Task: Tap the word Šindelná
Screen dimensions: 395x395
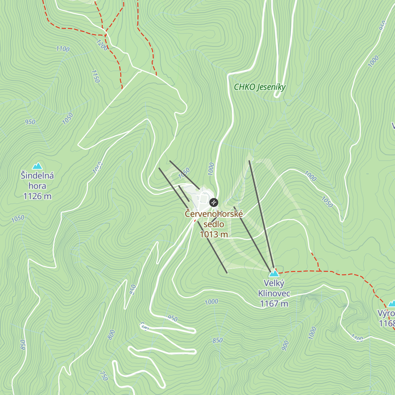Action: (x=37, y=175)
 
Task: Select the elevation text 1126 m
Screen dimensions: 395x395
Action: (x=37, y=197)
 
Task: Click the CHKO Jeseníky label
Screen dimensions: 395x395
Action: (x=259, y=87)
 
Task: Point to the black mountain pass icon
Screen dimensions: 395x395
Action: (x=214, y=202)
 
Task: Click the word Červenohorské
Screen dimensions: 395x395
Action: (x=214, y=214)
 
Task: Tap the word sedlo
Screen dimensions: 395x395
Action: (x=214, y=224)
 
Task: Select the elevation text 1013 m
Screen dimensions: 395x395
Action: (x=214, y=234)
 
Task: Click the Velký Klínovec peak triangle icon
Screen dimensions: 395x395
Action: (x=274, y=273)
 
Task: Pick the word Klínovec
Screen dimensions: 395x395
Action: (x=274, y=293)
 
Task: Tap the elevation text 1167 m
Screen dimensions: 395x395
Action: (x=274, y=303)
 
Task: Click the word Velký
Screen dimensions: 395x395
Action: (x=274, y=283)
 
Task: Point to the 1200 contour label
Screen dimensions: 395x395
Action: (x=102, y=45)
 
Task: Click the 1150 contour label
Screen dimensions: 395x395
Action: (x=95, y=76)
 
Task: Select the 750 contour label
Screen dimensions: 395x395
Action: (x=103, y=376)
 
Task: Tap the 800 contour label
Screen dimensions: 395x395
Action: (x=112, y=334)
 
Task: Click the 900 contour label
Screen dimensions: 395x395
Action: (x=285, y=345)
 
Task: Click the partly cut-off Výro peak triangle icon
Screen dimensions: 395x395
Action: (x=391, y=303)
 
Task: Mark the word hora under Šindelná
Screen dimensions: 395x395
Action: (x=37, y=186)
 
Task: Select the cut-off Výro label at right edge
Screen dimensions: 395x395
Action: (x=386, y=313)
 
